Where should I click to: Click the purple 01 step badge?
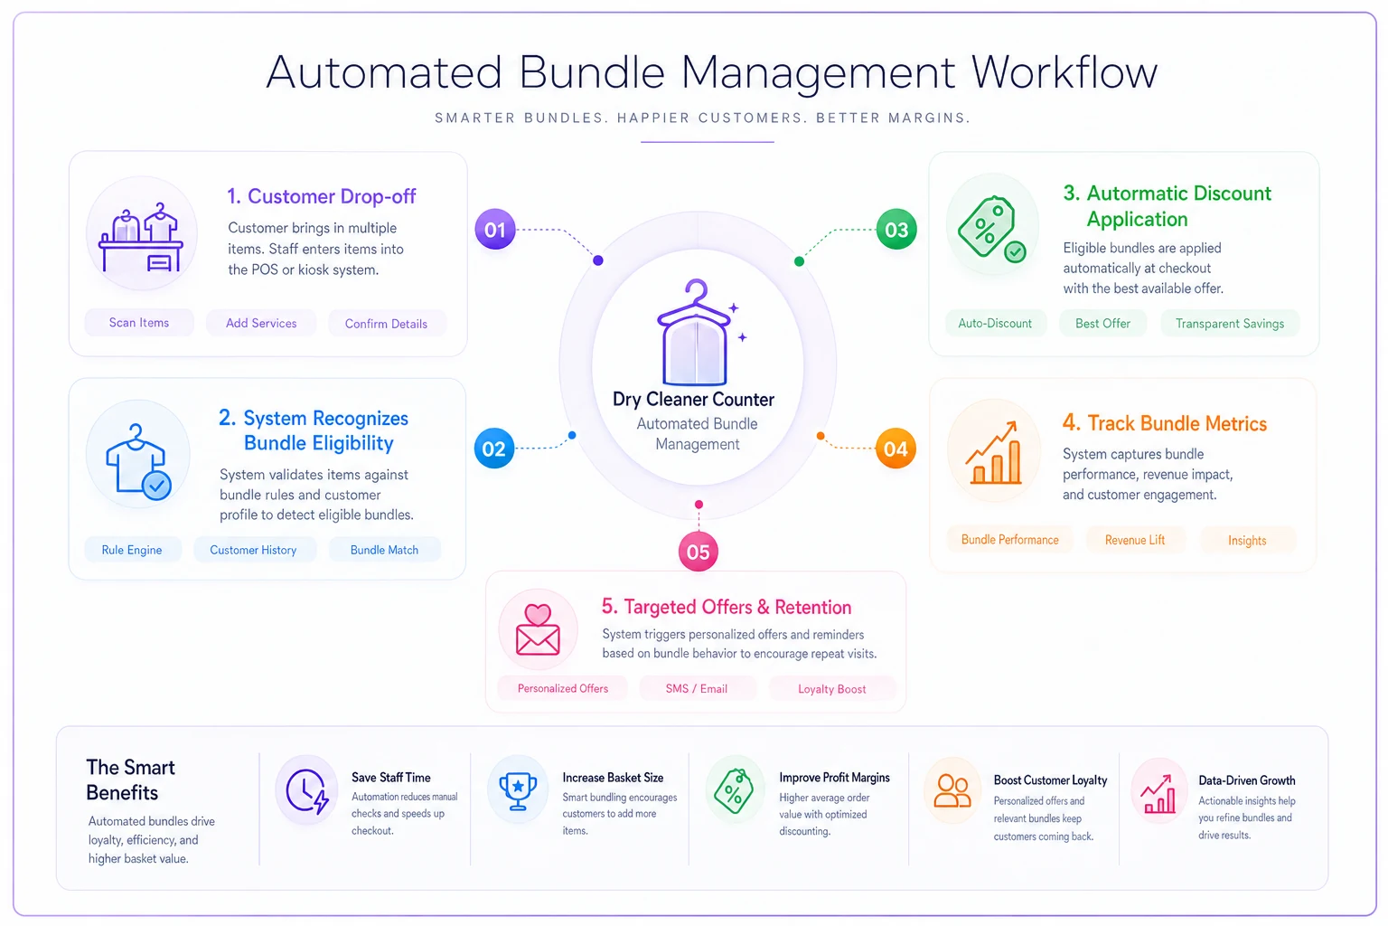pyautogui.click(x=494, y=230)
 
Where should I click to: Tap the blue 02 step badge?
pyautogui.click(x=494, y=448)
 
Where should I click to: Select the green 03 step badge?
pyautogui.click(x=896, y=230)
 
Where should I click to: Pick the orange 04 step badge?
pyautogui.click(x=896, y=448)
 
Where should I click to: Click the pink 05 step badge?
pyautogui.click(x=698, y=552)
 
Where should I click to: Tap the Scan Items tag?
pyautogui.click(x=139, y=323)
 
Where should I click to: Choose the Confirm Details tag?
pyautogui.click(x=386, y=323)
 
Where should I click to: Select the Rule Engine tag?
pyautogui.click(x=132, y=550)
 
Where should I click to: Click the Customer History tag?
pyautogui.click(x=253, y=550)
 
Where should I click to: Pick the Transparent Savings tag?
pyautogui.click(x=1229, y=323)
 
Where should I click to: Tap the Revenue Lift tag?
pyautogui.click(x=1135, y=540)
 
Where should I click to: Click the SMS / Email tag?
pyautogui.click(x=697, y=688)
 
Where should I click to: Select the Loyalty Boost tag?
pyautogui.click(x=831, y=688)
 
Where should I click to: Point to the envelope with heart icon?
pyautogui.click(x=538, y=630)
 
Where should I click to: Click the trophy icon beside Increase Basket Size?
pyautogui.click(x=518, y=790)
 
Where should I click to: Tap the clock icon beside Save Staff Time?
pyautogui.click(x=306, y=790)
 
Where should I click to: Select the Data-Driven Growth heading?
pyautogui.click(x=1247, y=780)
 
